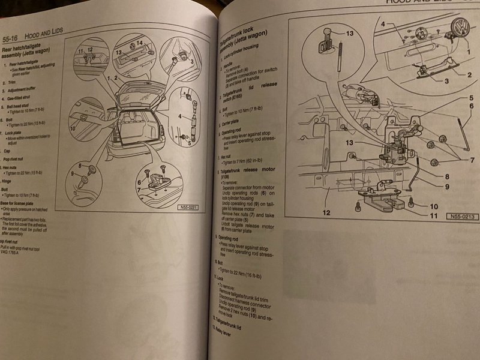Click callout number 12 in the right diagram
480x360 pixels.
(326, 212)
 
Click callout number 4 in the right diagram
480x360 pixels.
(382, 25)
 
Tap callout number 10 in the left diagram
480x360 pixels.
(72, 128)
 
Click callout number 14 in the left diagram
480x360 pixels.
(139, 44)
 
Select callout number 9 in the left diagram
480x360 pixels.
(74, 173)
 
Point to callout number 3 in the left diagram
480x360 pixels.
(191, 62)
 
